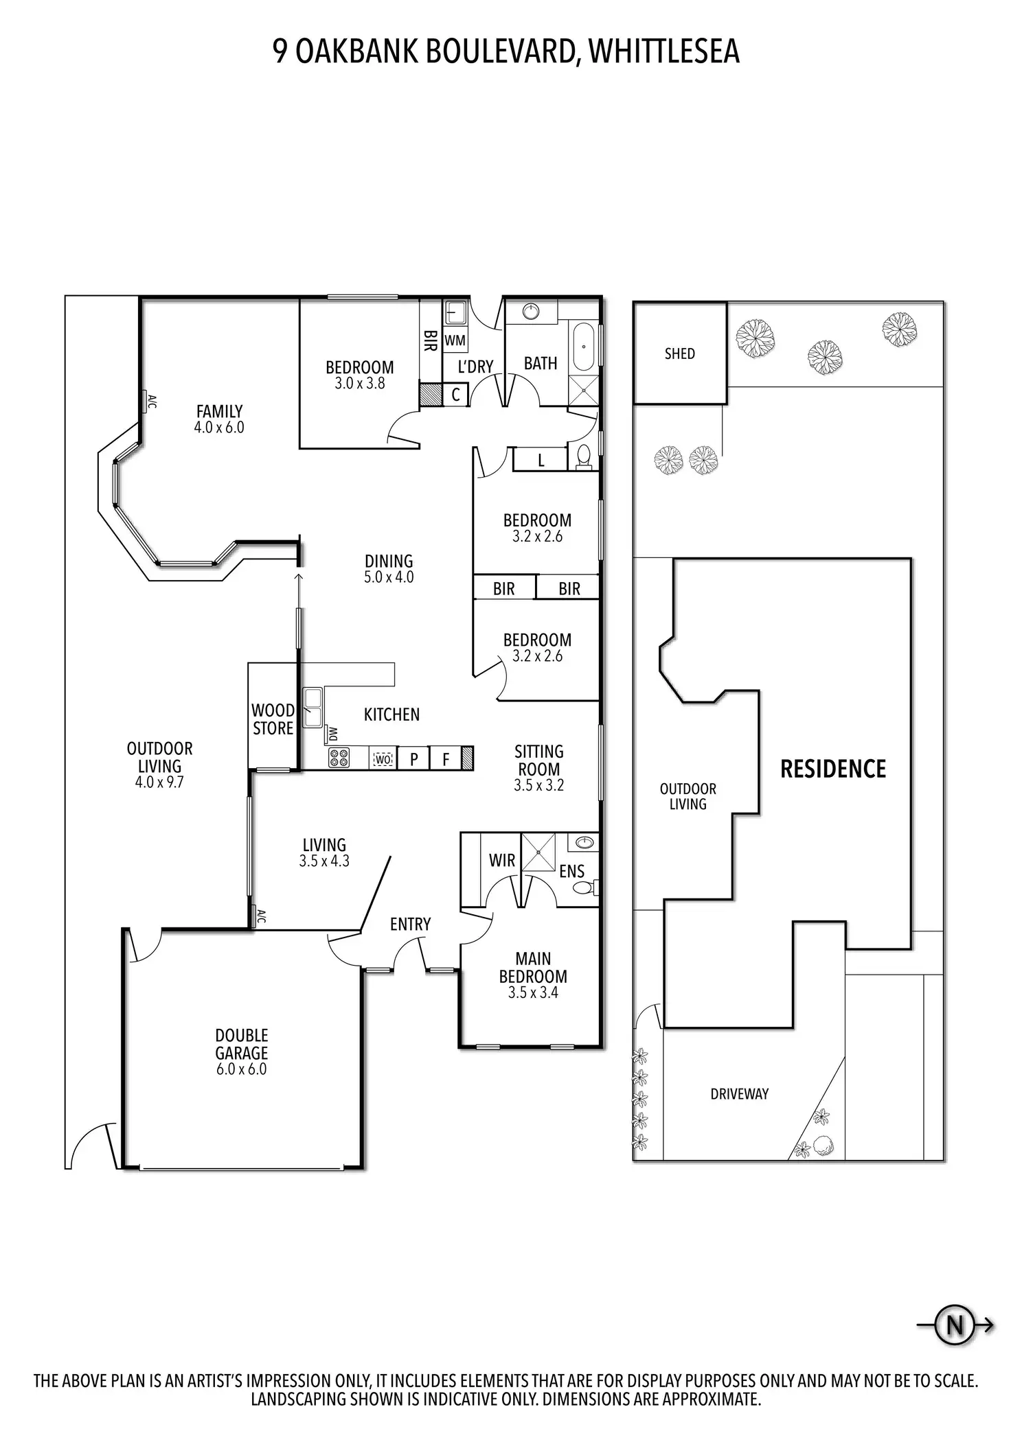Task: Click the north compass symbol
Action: pos(955,1324)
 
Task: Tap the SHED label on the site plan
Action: pos(679,353)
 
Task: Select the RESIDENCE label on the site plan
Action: pos(833,769)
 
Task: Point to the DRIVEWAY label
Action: pos(739,1093)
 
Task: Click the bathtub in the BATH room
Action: pos(584,347)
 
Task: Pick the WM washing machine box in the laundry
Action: pos(455,340)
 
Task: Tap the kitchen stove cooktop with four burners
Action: pos(339,758)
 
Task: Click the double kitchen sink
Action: pos(313,707)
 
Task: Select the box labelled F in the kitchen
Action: pos(446,758)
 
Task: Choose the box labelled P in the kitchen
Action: pos(414,758)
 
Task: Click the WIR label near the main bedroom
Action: pos(502,860)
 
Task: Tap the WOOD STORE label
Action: pos(273,719)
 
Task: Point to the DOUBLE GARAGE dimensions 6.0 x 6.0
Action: pos(241,1069)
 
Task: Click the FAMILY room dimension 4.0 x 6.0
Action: pos(219,427)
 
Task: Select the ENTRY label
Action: pos(410,924)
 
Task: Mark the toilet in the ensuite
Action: pos(585,887)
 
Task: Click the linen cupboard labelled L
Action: pos(541,461)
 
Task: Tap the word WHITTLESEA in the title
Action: pos(664,51)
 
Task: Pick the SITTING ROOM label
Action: pos(538,760)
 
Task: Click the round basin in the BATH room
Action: pos(531,312)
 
